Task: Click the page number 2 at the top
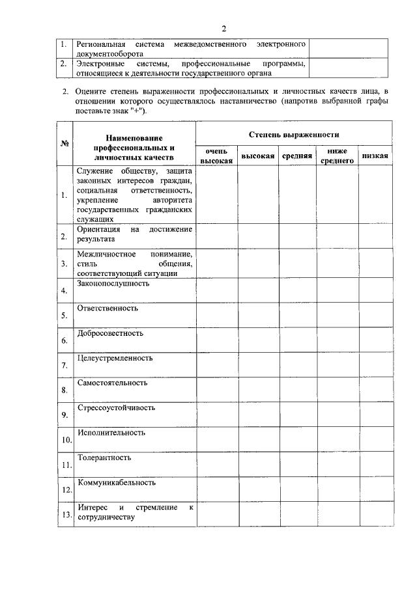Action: (223, 28)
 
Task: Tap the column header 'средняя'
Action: (297, 156)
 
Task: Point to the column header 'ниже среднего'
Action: (338, 156)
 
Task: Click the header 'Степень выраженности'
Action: (294, 134)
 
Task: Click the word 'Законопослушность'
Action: (113, 284)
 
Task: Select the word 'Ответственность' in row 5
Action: (108, 308)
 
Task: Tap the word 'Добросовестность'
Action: (110, 333)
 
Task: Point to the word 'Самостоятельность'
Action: (112, 383)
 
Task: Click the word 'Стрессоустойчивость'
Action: (116, 408)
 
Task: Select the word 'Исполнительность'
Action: (111, 433)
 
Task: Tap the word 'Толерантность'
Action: (104, 458)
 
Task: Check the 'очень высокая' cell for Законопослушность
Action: (217, 290)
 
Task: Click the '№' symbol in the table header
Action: (65, 143)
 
